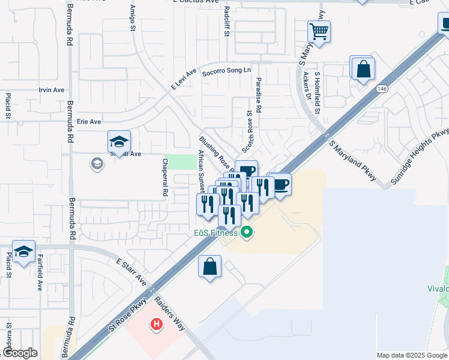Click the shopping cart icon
pos(319,30)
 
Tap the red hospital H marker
pos(157,325)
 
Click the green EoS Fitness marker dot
pos(246,233)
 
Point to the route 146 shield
pos(382,89)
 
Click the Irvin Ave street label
pos(51,90)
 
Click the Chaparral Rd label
pos(165,178)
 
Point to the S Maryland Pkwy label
pos(352,161)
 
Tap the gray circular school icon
pos(97,163)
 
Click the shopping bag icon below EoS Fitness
pos(209,266)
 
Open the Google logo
pos(20,353)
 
